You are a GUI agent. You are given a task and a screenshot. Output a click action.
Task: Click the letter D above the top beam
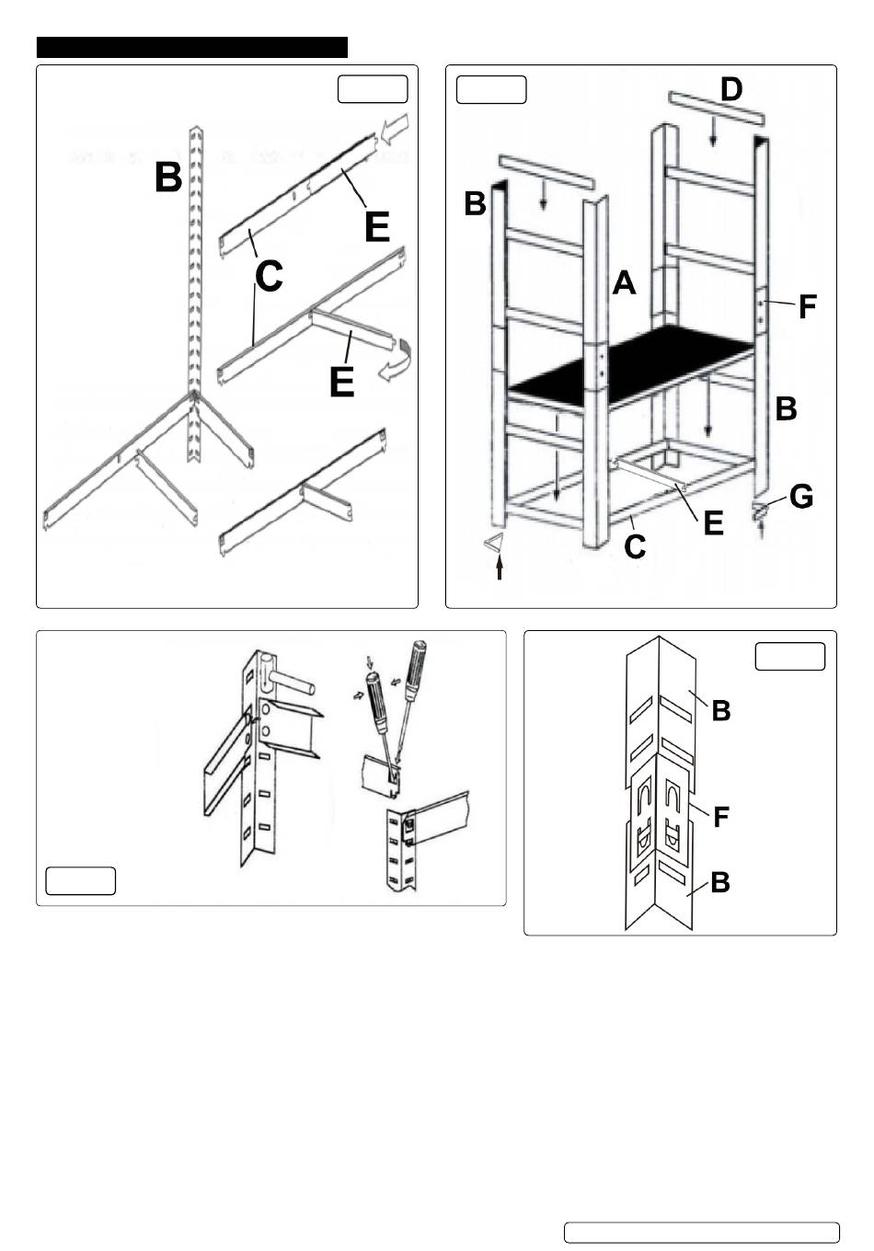(x=731, y=90)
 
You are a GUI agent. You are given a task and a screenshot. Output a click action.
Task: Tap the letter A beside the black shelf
(x=625, y=283)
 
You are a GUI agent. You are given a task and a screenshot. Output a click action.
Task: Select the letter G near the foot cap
(x=800, y=497)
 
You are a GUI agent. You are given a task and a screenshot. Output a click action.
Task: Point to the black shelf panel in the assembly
(x=635, y=362)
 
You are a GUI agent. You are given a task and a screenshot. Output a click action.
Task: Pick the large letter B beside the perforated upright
(x=168, y=177)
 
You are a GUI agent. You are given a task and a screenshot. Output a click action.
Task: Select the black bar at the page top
(x=191, y=47)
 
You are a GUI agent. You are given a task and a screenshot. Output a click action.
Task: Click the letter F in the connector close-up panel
(x=722, y=816)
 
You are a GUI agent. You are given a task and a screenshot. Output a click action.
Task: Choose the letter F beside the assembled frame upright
(x=807, y=305)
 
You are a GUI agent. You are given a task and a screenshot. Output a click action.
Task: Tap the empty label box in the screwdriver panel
(x=81, y=880)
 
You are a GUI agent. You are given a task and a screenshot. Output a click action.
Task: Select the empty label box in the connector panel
(x=790, y=657)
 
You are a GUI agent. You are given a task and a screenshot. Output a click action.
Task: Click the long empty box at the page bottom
(x=701, y=1232)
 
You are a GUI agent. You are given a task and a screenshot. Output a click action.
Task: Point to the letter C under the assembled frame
(x=634, y=546)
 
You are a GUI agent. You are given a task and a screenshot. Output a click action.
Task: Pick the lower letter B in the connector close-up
(x=720, y=882)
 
